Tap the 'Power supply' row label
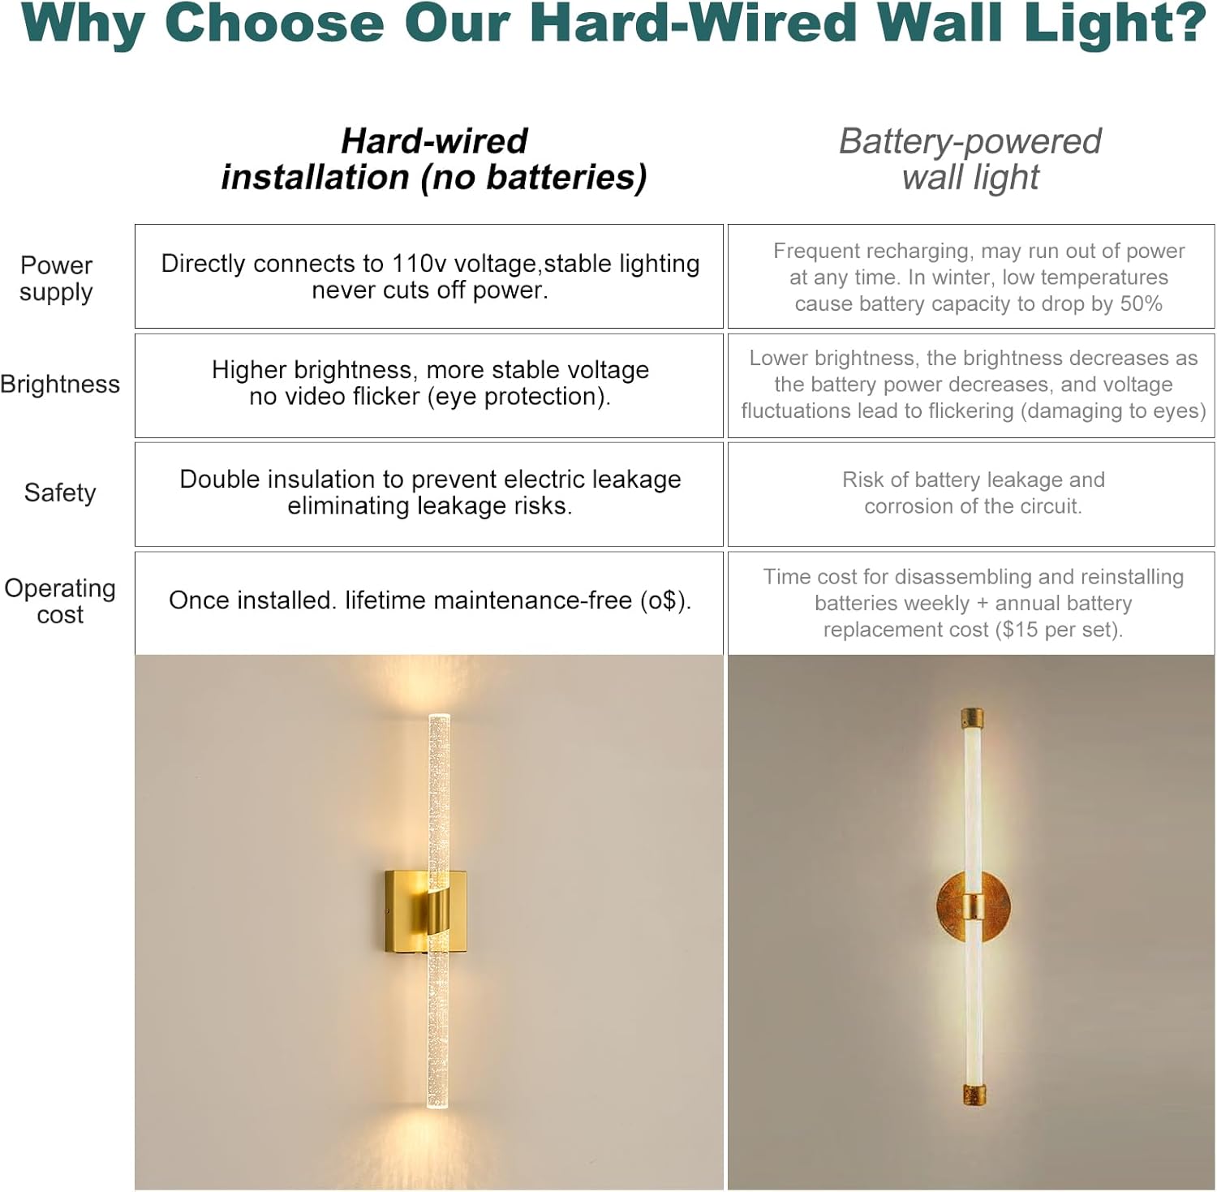coord(56,278)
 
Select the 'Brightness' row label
coord(60,384)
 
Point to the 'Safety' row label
coord(60,493)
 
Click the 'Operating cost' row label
coord(60,600)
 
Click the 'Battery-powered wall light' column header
coord(970,159)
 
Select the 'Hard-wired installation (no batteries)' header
coord(434,159)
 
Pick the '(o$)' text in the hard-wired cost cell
coord(665,600)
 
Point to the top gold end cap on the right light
coord(972,719)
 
